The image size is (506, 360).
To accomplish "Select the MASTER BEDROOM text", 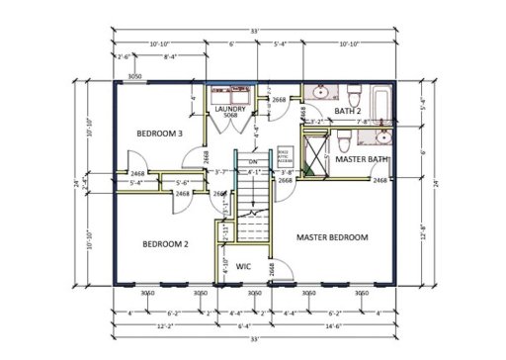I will coord(332,237).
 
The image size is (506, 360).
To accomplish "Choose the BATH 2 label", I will coord(349,112).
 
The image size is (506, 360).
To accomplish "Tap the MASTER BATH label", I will coord(361,158).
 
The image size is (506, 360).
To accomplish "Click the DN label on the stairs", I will coord(253,161).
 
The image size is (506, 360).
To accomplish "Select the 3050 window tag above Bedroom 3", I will coord(135,75).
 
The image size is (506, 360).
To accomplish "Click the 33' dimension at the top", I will coord(257,31).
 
